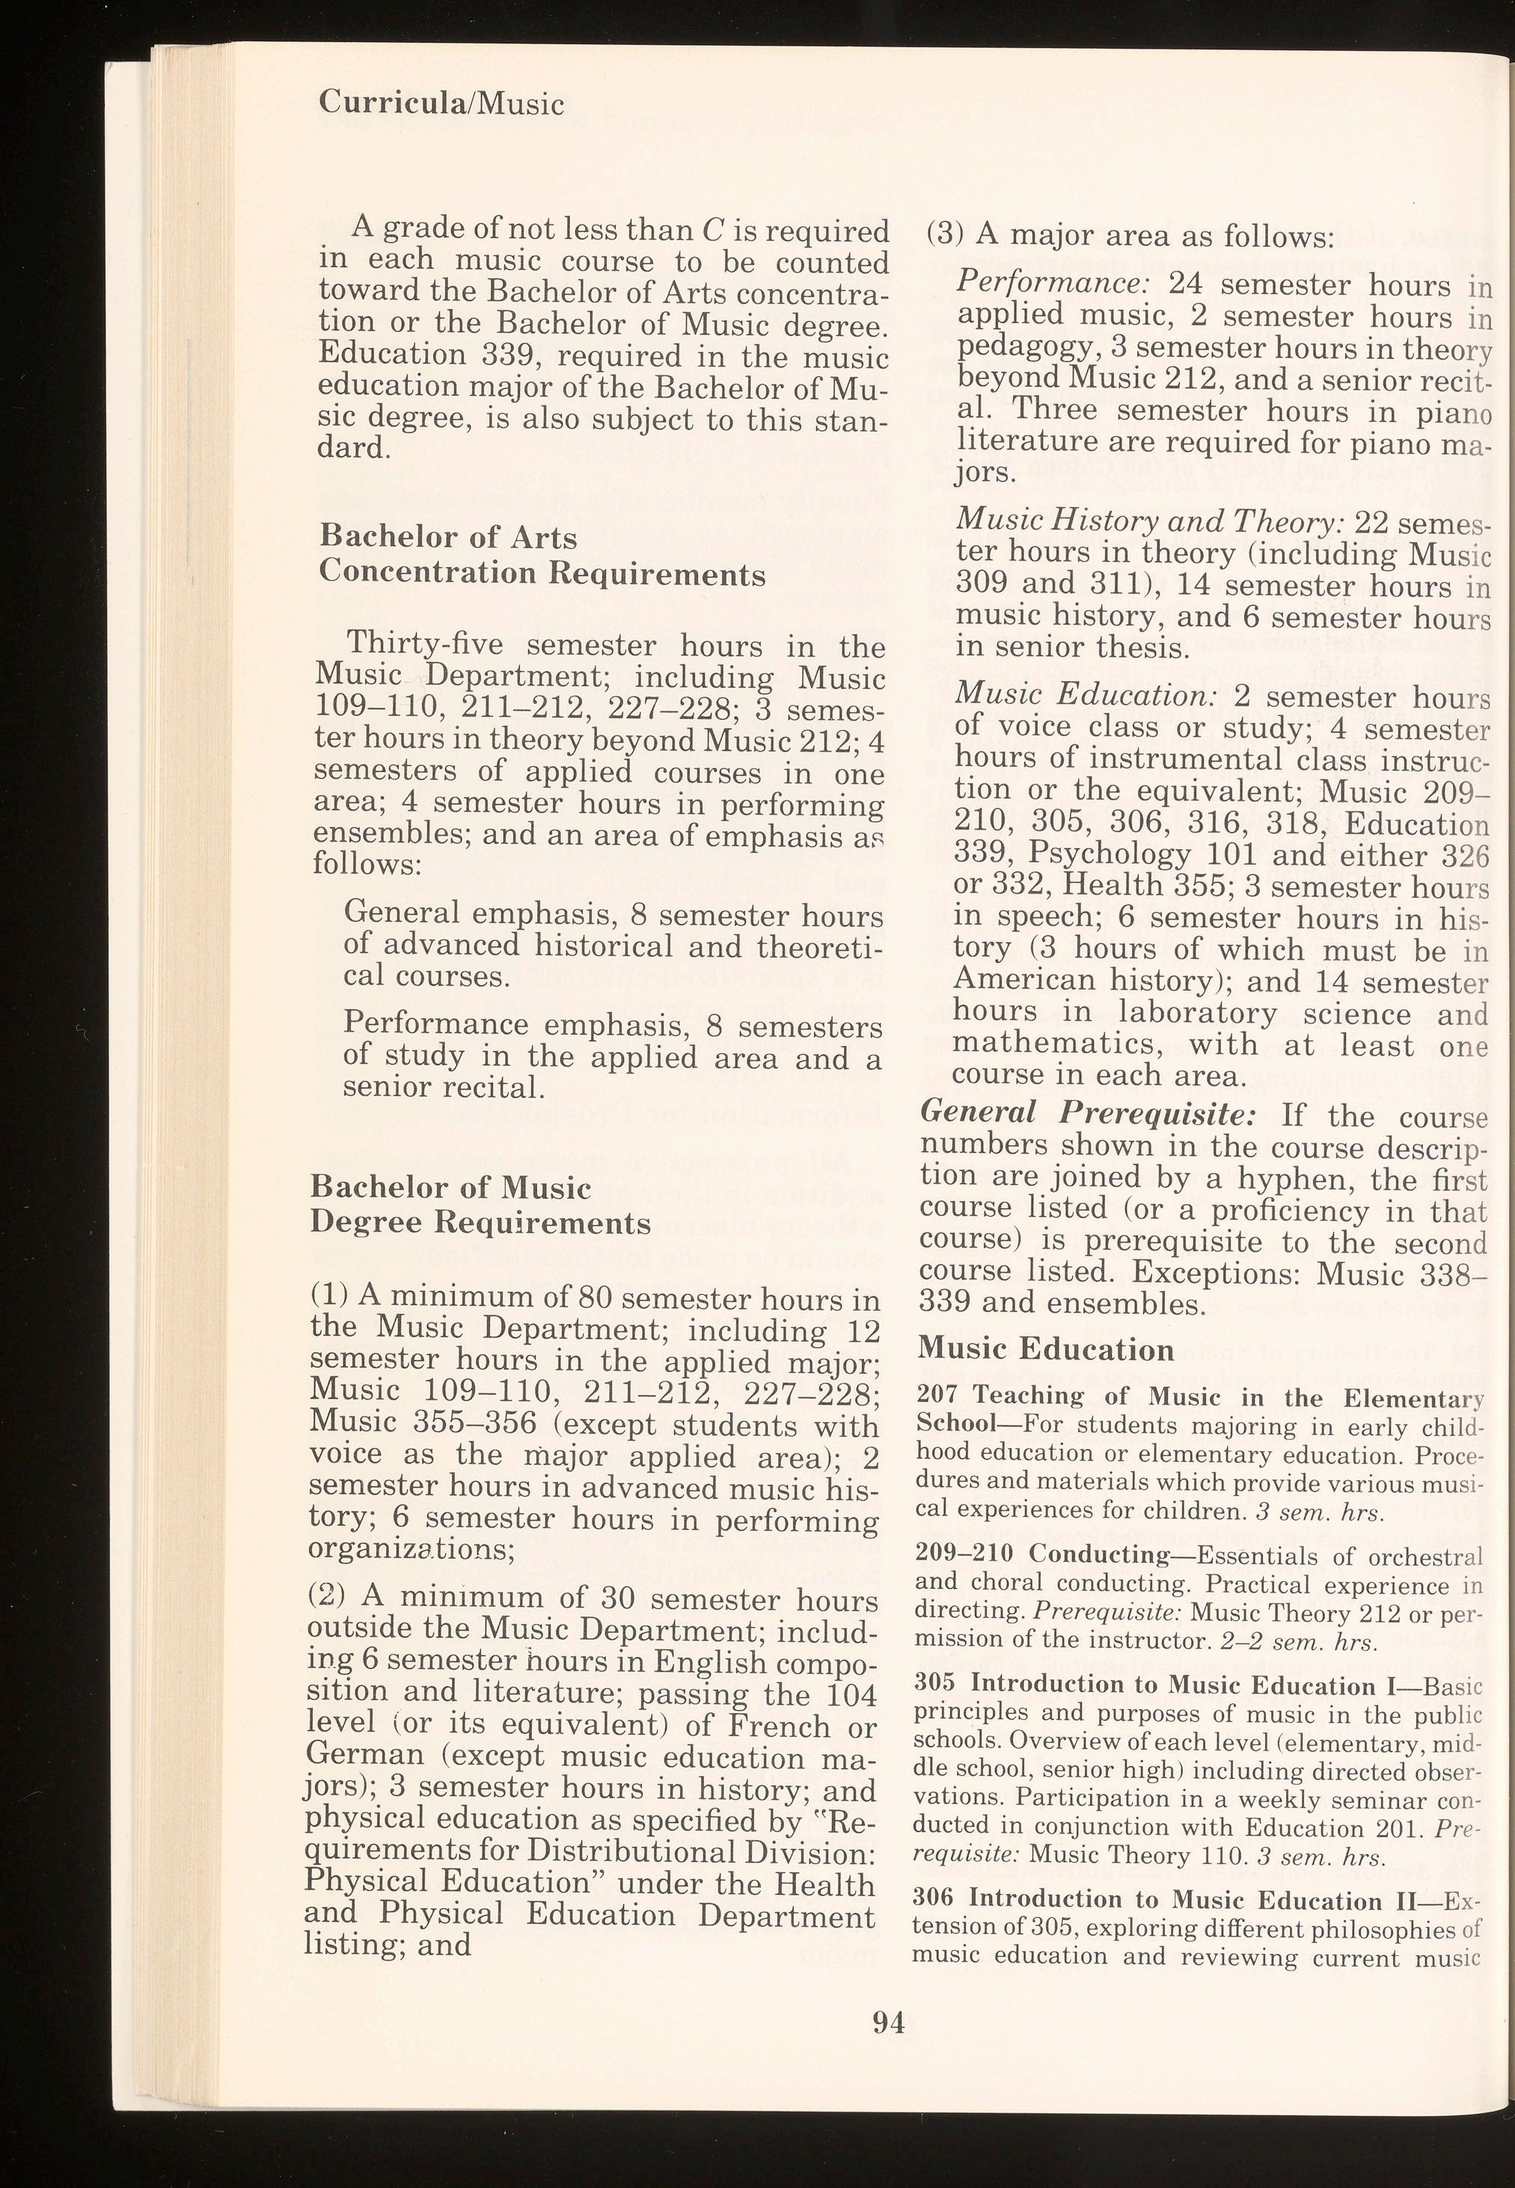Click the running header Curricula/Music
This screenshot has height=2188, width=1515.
click(x=441, y=102)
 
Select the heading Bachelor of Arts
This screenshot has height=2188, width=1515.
click(x=448, y=537)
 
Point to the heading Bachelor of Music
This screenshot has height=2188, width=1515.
click(x=451, y=1188)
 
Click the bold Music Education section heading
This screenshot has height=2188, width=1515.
click(x=1046, y=1348)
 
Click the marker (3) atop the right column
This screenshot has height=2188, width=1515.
click(x=944, y=233)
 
